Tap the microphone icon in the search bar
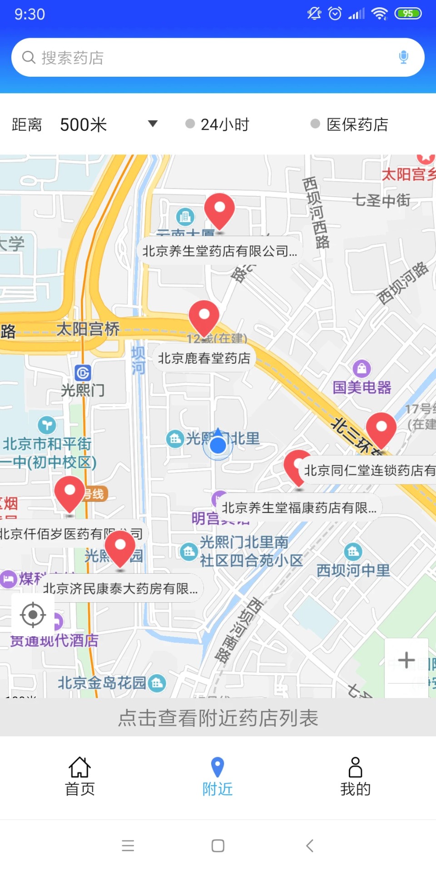pyautogui.click(x=403, y=57)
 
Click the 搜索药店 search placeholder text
pyautogui.click(x=73, y=58)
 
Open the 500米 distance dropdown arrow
pyautogui.click(x=153, y=124)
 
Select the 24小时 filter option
pyautogui.click(x=218, y=124)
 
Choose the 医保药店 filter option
pyautogui.click(x=350, y=124)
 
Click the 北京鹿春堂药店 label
pyautogui.click(x=204, y=358)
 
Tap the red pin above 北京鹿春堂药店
pyautogui.click(x=204, y=317)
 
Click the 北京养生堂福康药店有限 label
pyautogui.click(x=299, y=508)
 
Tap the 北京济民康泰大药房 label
pyautogui.click(x=120, y=589)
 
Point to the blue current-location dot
pyautogui.click(x=218, y=446)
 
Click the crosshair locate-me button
pyautogui.click(x=33, y=615)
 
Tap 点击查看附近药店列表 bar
pyautogui.click(x=218, y=718)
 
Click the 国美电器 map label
pyautogui.click(x=362, y=387)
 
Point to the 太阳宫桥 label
pyautogui.click(x=88, y=328)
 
